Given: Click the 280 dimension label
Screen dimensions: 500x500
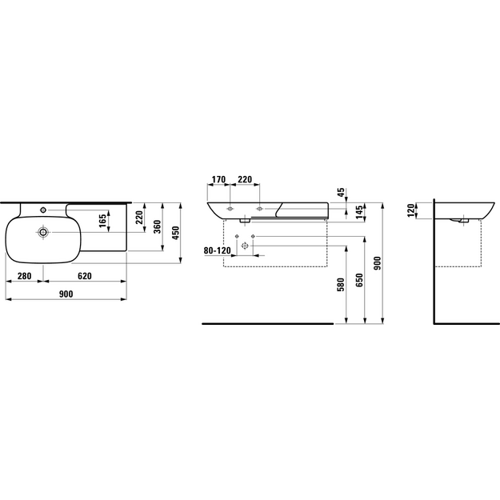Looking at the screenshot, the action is click(24, 276).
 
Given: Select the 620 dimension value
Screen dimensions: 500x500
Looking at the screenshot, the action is click(85, 276).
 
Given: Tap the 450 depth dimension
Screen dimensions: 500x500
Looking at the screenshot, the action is click(176, 233).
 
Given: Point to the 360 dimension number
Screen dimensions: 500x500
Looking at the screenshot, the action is click(158, 226).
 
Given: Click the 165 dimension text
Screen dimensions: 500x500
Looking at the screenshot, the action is click(102, 221).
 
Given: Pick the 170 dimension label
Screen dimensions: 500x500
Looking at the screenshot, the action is click(218, 179).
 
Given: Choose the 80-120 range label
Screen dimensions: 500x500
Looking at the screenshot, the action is click(217, 251).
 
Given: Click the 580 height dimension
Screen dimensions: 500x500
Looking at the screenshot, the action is click(341, 285).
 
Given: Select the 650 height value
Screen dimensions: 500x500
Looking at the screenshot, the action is click(359, 280).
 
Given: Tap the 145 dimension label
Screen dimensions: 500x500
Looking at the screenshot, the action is click(359, 213).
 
